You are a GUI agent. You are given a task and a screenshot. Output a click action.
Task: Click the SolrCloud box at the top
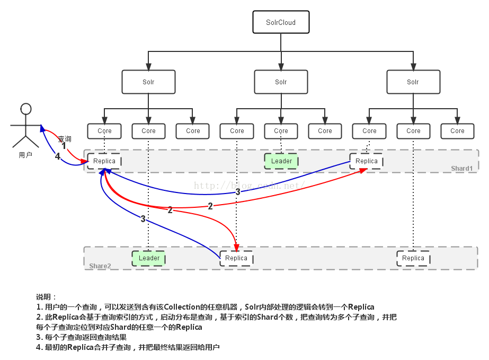281,23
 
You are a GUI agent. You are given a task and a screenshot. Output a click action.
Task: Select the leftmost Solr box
148,82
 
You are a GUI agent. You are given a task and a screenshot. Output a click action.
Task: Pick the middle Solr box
281,82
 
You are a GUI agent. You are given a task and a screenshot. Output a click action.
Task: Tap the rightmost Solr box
413,82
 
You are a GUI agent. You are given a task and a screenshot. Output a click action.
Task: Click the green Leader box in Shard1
281,161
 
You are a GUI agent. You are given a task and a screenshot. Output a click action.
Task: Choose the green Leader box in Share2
149,258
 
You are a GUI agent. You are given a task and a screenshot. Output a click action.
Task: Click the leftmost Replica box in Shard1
104,161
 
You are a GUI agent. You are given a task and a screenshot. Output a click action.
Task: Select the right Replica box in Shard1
367,161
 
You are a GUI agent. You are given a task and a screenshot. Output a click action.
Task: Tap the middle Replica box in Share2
236,258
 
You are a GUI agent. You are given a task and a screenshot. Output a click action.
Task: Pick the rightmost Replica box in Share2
413,258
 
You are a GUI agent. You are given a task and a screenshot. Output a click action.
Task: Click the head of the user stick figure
25,109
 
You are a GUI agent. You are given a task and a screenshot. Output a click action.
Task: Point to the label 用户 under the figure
25,155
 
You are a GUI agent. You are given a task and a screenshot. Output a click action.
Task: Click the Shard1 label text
461,169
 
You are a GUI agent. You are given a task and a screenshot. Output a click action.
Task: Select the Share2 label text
100,266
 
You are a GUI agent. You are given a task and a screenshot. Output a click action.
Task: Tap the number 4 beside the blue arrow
57,156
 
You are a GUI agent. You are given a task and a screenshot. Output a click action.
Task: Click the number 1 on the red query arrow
64,146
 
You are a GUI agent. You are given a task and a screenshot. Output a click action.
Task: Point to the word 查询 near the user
65,138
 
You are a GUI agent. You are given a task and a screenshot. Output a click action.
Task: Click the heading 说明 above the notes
46,297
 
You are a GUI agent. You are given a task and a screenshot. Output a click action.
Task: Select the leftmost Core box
104,131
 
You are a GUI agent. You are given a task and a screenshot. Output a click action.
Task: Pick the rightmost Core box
457,131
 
